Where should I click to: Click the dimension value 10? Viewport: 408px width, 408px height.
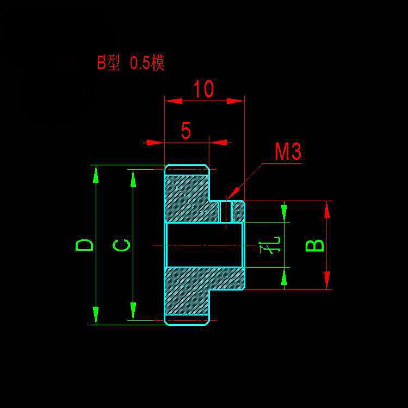click(203, 89)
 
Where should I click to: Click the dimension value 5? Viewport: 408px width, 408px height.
click(186, 131)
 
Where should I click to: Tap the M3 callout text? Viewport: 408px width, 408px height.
click(288, 152)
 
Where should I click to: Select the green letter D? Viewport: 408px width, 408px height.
click(84, 245)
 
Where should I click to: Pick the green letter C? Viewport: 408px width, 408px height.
click(121, 245)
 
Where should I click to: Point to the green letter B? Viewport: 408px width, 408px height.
click(314, 246)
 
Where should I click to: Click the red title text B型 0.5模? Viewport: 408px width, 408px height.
click(131, 63)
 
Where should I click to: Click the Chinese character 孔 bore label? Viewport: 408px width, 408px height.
click(270, 245)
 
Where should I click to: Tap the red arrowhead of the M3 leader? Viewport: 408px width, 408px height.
click(233, 193)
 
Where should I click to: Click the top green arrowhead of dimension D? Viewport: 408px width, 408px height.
click(96, 174)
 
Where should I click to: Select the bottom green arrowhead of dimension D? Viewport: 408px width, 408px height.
click(96, 315)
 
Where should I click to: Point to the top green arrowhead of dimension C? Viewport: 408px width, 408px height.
click(133, 178)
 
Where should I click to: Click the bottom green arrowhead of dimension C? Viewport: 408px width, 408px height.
click(133, 311)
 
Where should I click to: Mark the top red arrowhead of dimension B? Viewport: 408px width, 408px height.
click(327, 210)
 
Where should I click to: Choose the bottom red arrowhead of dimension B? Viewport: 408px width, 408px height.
click(327, 280)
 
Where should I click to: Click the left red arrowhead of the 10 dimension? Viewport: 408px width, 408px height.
click(174, 101)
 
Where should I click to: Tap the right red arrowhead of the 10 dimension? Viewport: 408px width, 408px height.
click(235, 101)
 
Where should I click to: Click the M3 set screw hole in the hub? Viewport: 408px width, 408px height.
click(226, 212)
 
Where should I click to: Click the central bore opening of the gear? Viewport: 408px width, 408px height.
click(205, 245)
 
